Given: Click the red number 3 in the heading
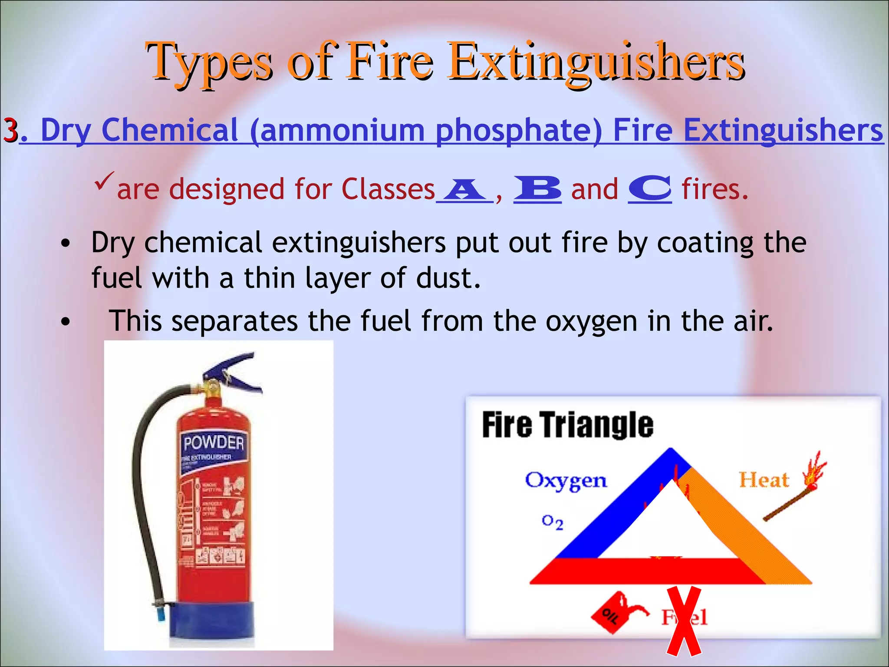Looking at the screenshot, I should coord(10,130).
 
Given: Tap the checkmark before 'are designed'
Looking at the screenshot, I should coord(104,180).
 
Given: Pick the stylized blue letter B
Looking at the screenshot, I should coord(537,189).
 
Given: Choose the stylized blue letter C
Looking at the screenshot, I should coord(650,189).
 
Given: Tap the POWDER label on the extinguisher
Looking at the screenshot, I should coord(214,443).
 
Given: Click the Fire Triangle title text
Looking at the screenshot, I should coord(567,425).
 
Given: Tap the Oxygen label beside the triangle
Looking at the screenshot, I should coord(566,481).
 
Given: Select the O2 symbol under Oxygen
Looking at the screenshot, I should coord(553,522).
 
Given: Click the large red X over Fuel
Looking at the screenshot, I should coord(684,621).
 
